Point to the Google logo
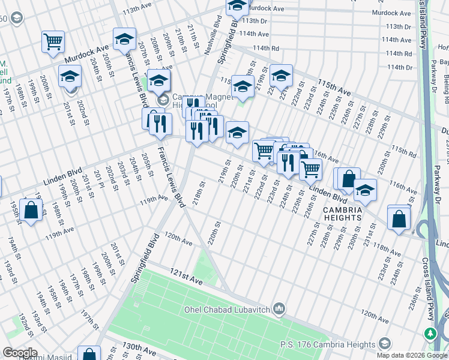coord(20,352)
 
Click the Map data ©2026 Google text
coord(412,355)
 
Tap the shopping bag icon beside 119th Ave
coord(30,211)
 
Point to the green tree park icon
coord(430,333)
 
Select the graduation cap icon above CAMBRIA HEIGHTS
coord(365,190)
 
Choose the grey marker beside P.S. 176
coord(386,344)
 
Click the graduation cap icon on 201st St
coord(70,77)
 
